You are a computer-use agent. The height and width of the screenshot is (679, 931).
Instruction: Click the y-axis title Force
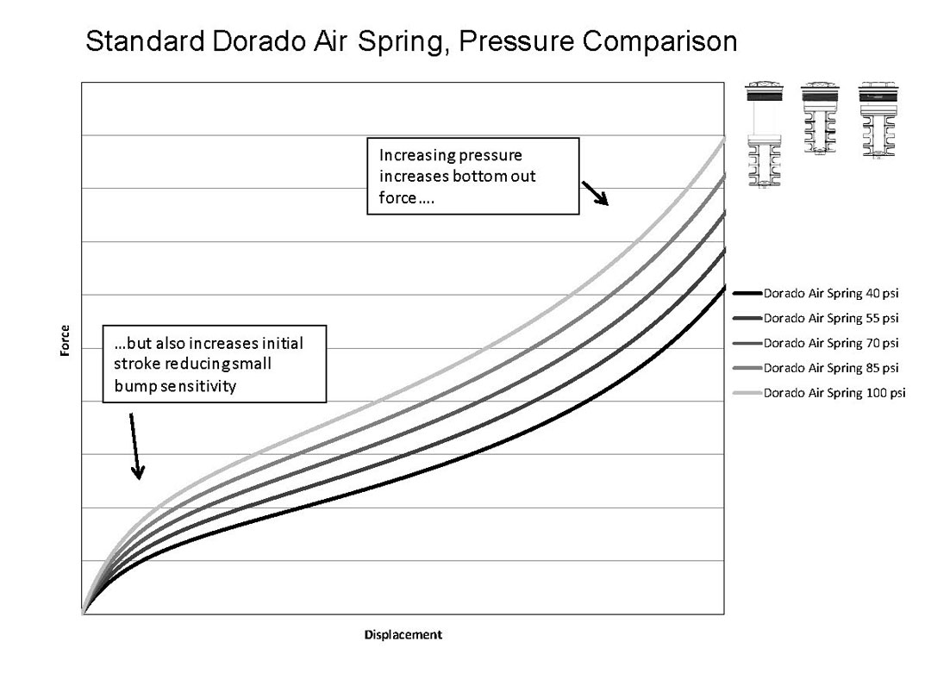[66, 340]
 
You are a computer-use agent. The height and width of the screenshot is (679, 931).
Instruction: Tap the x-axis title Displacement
[403, 635]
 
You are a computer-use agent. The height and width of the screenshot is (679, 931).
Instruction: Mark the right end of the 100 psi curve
[723, 139]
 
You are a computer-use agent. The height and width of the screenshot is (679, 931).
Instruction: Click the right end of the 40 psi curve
[723, 287]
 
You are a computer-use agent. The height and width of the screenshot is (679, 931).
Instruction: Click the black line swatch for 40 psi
[747, 293]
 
